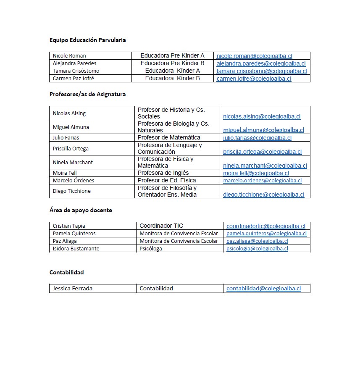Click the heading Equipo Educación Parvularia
point(87,40)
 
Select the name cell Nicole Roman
point(69,56)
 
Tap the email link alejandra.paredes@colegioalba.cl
point(261,63)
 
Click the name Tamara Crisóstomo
point(76,71)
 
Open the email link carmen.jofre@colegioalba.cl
point(254,79)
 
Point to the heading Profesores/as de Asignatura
point(87,95)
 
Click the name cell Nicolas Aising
point(69,113)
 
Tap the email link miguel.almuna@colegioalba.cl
point(263,130)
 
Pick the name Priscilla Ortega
point(71,149)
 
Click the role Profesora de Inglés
point(163,173)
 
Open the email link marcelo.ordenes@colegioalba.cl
point(262,181)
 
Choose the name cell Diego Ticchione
point(71,191)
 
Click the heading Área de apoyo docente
point(81,210)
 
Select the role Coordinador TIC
point(161,226)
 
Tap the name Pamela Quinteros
point(74,234)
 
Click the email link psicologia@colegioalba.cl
point(257,249)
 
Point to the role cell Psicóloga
point(151,249)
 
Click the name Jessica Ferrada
point(72,289)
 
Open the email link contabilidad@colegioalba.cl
point(263,289)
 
